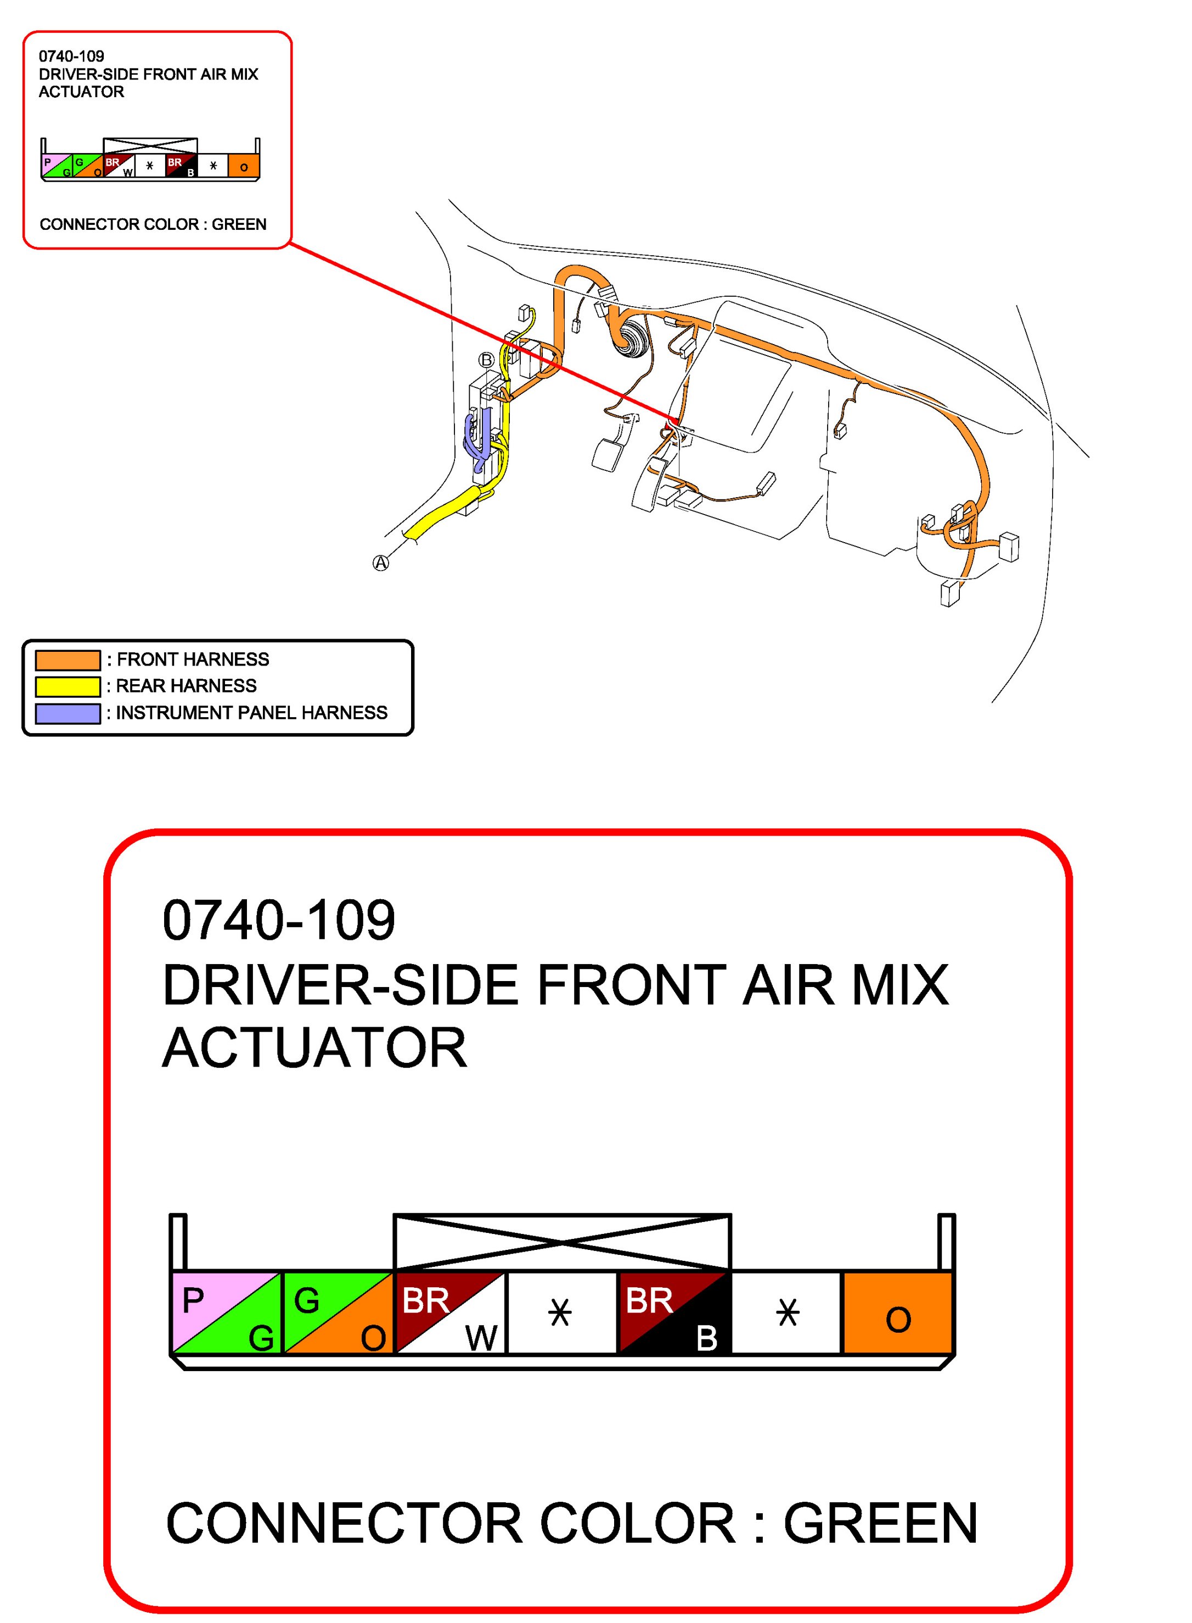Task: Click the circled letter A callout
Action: (x=380, y=562)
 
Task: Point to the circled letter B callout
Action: (x=486, y=360)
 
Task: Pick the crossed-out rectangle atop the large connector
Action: (x=561, y=1242)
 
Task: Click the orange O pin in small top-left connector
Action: (x=244, y=167)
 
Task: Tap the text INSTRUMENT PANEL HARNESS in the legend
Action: (x=252, y=713)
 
